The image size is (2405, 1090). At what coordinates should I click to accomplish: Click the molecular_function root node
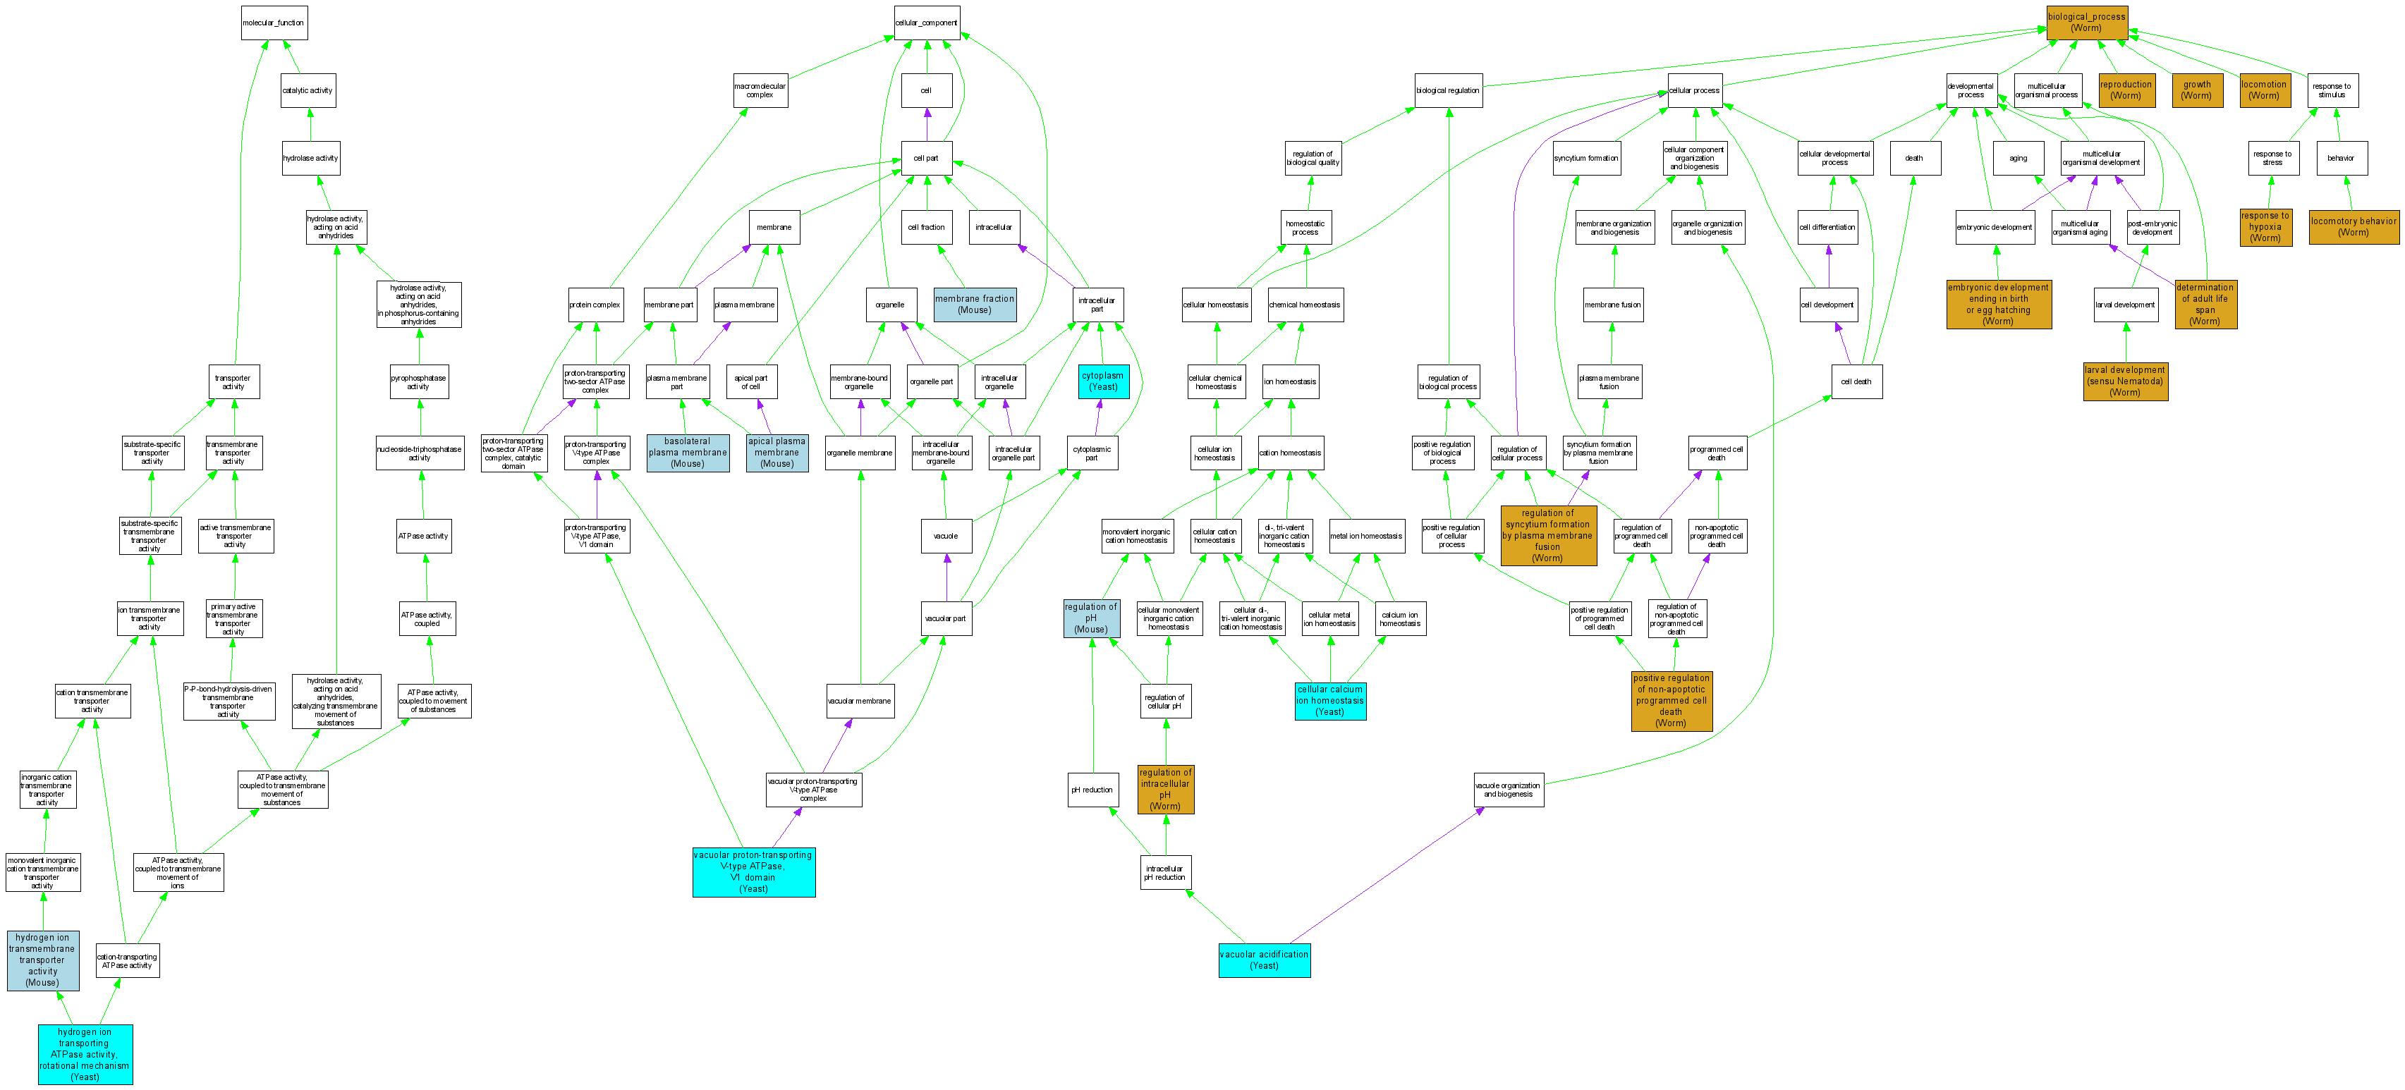(x=274, y=23)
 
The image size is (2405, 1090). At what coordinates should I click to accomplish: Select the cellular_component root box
(x=926, y=23)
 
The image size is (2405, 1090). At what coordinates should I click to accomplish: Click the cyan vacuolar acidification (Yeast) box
(x=1264, y=960)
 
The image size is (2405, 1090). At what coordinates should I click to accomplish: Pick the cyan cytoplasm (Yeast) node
(x=1102, y=381)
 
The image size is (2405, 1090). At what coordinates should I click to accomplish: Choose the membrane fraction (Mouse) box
(x=975, y=305)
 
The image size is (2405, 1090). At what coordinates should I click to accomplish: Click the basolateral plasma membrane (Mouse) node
(x=687, y=453)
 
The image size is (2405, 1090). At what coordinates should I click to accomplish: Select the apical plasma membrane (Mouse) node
(x=777, y=453)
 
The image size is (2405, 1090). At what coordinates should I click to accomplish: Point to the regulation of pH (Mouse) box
(x=1090, y=618)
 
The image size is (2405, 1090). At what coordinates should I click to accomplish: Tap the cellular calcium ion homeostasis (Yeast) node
(x=1330, y=701)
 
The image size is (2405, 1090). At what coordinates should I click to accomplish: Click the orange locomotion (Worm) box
(x=2264, y=90)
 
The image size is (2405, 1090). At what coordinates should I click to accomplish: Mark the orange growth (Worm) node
(x=2196, y=90)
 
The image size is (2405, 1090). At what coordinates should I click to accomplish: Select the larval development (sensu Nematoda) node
(x=2125, y=381)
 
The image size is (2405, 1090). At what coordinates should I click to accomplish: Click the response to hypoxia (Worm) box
(x=2265, y=227)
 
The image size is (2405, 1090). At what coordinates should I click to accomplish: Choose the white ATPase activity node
(x=424, y=536)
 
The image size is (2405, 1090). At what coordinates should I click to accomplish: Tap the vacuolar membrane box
(x=860, y=701)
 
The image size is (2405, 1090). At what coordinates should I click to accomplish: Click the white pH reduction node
(x=1091, y=790)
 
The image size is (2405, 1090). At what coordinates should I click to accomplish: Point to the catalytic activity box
(x=308, y=90)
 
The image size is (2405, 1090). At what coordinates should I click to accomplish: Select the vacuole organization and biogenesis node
(x=1508, y=790)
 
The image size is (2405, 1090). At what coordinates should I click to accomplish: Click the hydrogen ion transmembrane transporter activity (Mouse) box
(x=43, y=960)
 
